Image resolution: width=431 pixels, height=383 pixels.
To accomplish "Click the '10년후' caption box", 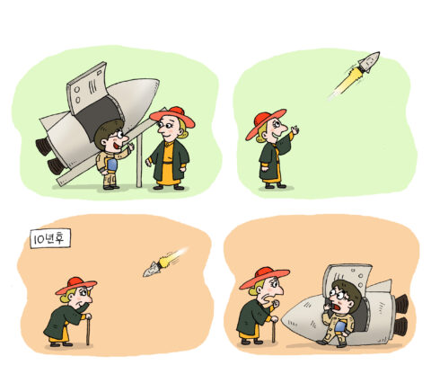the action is (x=50, y=238).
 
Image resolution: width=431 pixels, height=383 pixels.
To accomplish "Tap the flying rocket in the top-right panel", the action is (x=369, y=62).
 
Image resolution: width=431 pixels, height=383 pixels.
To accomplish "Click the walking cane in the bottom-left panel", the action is (x=88, y=329).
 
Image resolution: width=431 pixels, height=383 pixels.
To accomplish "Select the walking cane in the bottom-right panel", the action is (x=273, y=329).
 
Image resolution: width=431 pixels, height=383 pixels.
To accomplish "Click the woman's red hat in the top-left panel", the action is (x=172, y=117).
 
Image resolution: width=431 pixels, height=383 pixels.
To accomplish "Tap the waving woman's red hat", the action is (x=265, y=123).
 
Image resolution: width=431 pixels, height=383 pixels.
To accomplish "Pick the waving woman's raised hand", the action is (x=295, y=130).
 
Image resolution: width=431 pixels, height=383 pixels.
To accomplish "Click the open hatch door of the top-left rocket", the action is (x=86, y=87).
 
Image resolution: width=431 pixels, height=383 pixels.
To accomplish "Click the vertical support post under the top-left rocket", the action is (x=139, y=160).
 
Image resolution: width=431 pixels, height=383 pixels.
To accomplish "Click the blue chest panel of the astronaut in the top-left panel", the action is (x=112, y=165).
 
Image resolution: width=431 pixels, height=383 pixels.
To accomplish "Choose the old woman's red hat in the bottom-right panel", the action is (x=264, y=278).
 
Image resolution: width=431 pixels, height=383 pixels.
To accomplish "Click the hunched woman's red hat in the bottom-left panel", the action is (x=76, y=285).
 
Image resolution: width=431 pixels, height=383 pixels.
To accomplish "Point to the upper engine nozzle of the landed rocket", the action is (x=401, y=303).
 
